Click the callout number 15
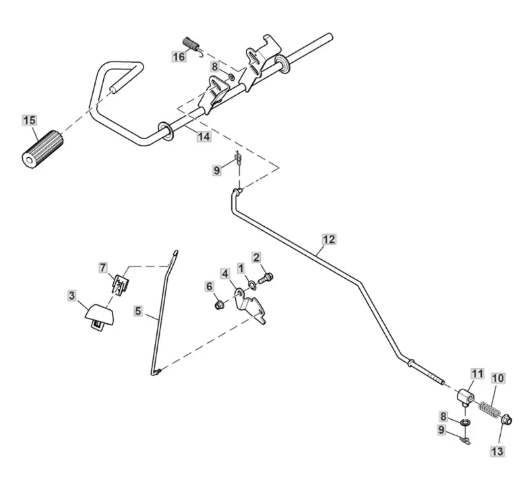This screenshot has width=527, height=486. [x=29, y=122]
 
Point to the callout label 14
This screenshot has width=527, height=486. [x=203, y=137]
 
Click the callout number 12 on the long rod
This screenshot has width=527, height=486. [x=328, y=239]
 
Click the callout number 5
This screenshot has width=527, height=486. [x=137, y=311]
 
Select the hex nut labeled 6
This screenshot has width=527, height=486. [x=218, y=306]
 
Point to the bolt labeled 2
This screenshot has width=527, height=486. [x=265, y=277]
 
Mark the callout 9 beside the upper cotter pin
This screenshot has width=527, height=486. [x=217, y=171]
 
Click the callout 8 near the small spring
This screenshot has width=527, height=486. [x=214, y=67]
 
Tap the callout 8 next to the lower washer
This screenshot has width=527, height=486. [x=443, y=417]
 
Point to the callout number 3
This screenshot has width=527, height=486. [x=72, y=295]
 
